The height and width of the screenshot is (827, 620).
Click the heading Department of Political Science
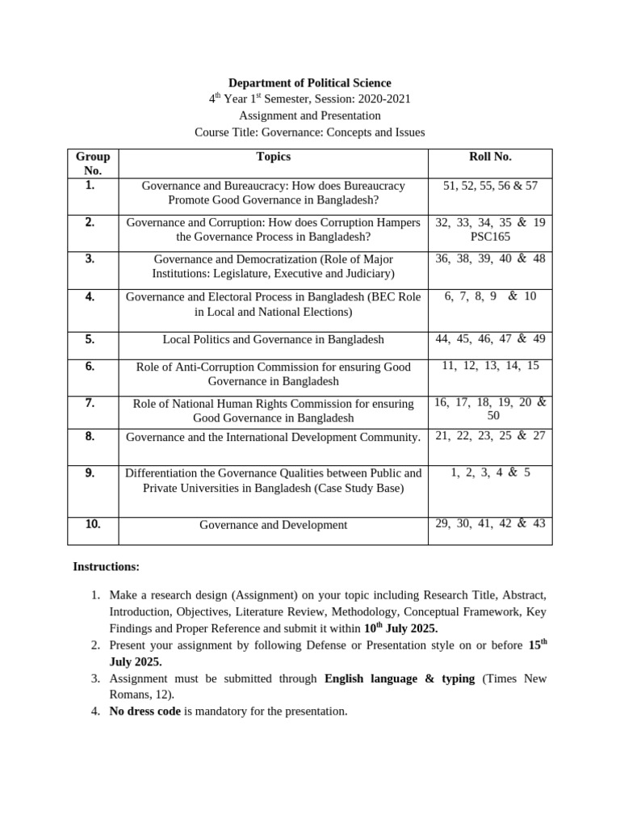(x=309, y=83)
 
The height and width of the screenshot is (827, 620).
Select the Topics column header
(x=273, y=157)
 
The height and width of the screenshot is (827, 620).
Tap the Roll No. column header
(x=490, y=157)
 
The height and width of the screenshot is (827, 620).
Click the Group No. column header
(x=93, y=163)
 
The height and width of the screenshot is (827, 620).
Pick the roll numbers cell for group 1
(x=490, y=186)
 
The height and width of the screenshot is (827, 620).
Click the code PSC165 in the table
(x=490, y=237)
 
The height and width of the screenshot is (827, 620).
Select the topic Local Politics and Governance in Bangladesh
(x=273, y=339)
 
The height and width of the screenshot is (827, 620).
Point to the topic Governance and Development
(x=273, y=525)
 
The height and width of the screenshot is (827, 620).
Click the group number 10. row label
(x=93, y=524)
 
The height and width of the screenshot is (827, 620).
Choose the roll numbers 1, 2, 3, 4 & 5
(x=490, y=472)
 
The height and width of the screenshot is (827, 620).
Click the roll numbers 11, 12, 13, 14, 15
(x=490, y=366)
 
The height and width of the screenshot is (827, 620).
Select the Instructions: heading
(x=107, y=567)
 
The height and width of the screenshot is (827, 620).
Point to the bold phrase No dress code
(x=140, y=711)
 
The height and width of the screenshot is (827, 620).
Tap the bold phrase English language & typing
(x=399, y=678)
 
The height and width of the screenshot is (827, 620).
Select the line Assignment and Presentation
(x=309, y=115)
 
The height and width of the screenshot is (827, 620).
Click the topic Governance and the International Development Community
(x=273, y=437)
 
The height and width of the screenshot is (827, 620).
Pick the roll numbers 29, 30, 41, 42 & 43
(x=490, y=523)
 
